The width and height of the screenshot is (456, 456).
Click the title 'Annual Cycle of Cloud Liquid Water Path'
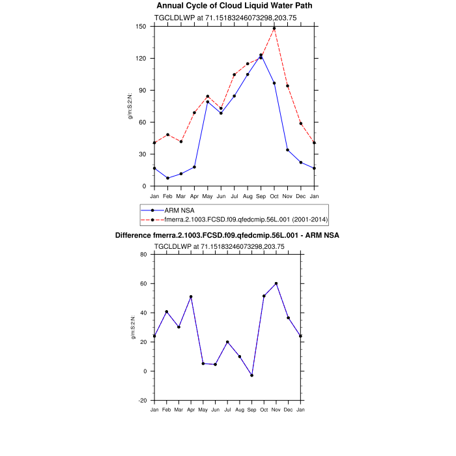coord(235,6)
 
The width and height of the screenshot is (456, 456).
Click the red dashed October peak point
coord(274,29)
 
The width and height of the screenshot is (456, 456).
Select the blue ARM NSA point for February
coord(167,178)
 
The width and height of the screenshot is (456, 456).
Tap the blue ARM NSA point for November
coord(287,150)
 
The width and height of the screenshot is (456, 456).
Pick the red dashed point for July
coord(234,75)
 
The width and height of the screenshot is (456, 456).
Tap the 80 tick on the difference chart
coord(144,254)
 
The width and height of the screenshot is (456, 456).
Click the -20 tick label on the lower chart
coord(143,400)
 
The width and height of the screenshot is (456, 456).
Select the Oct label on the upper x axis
coord(274,196)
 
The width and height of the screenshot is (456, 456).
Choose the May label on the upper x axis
coord(207,196)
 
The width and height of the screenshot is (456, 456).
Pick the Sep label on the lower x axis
coord(251,410)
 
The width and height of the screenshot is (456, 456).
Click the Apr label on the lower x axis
coord(191,410)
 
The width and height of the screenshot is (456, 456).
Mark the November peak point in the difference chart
coord(276,283)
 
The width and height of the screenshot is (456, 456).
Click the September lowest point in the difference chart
coord(251,375)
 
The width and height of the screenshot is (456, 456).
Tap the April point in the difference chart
coord(191,296)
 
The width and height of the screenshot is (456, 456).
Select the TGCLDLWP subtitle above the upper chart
coord(225,18)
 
